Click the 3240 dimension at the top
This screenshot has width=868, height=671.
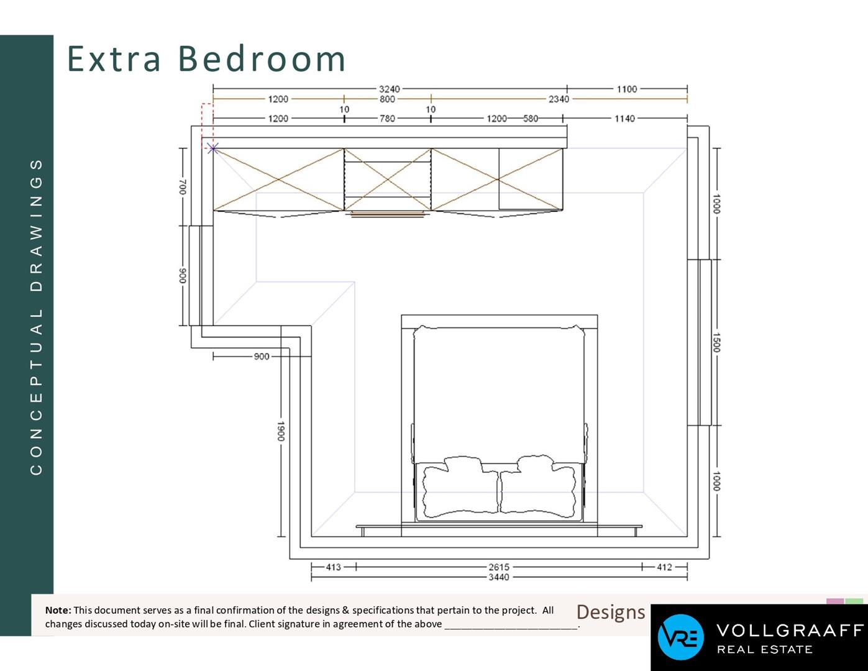click(x=389, y=89)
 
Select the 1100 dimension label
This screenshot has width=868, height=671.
click(x=627, y=89)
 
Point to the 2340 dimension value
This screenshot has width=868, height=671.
click(x=559, y=99)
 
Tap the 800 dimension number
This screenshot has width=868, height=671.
click(x=387, y=99)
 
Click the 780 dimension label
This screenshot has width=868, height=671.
click(x=387, y=119)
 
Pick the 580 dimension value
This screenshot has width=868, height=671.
click(x=531, y=119)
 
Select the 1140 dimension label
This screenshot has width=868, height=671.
click(x=624, y=119)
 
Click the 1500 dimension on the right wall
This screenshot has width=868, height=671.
click(x=716, y=343)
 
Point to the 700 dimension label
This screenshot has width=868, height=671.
click(x=183, y=187)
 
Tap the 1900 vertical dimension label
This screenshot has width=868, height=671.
click(x=281, y=431)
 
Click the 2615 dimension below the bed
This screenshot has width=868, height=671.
click(x=499, y=567)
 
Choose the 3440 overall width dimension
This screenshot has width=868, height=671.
click(x=499, y=577)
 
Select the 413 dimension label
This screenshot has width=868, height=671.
click(x=333, y=567)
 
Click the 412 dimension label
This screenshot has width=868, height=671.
click(x=664, y=567)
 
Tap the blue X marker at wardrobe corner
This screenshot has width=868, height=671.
click(x=213, y=148)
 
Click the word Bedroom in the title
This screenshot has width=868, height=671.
click(x=262, y=58)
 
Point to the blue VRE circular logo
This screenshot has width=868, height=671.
click(x=680, y=637)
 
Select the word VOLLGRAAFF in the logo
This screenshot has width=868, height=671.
click(x=790, y=631)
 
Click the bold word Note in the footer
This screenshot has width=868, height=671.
click(x=58, y=610)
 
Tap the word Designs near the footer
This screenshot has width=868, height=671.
click(x=611, y=613)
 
